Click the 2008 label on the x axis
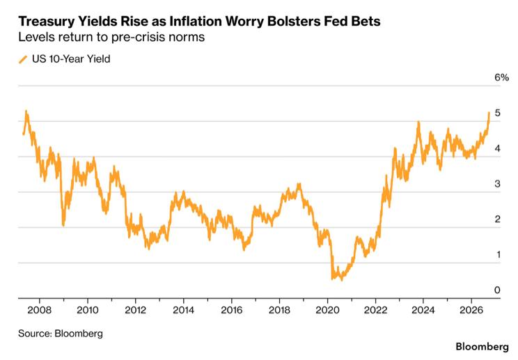click(39, 310)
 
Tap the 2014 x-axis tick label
click(183, 310)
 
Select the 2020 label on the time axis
click(327, 310)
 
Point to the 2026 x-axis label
click(471, 310)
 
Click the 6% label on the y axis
click(501, 77)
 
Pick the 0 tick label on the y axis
click(498, 290)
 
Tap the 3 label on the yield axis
click(498, 184)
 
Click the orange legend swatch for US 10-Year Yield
click(23, 59)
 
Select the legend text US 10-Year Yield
click(71, 59)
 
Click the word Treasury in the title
click(46, 22)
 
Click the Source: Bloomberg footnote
click(61, 334)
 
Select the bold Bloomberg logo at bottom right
click(482, 347)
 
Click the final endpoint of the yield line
click(489, 113)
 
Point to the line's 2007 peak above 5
click(26, 111)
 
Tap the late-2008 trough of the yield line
click(63, 225)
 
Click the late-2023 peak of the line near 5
click(418, 122)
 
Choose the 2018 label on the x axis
click(279, 310)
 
